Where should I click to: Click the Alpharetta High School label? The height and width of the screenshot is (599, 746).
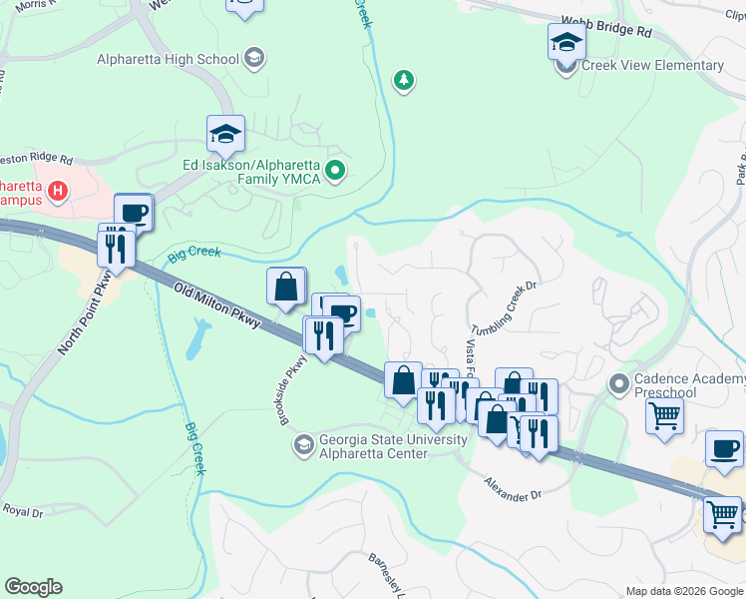(x=168, y=58)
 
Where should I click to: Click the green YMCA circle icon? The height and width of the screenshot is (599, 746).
(x=336, y=171)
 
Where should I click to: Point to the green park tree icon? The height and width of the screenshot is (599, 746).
(x=403, y=80)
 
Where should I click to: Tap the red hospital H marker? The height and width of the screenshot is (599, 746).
(x=59, y=189)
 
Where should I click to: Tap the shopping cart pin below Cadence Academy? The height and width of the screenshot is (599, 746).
(x=665, y=415)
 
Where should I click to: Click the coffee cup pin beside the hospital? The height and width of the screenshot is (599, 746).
(x=134, y=212)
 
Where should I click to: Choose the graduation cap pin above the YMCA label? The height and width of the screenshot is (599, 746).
(x=226, y=133)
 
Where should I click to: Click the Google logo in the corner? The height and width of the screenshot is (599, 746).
(x=33, y=586)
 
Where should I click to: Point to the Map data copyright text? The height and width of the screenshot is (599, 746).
(x=684, y=591)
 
